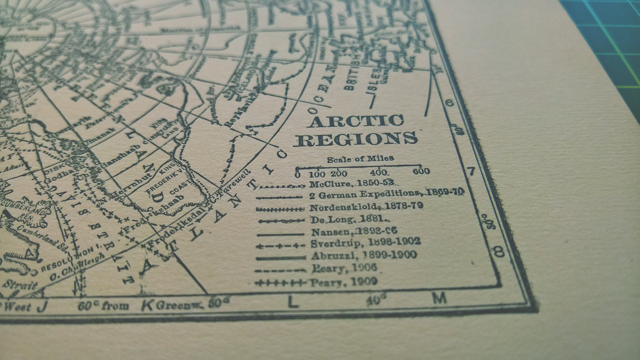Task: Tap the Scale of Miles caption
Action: [360, 158]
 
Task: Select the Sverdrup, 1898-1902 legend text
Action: [366, 242]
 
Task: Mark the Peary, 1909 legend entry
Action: [343, 282]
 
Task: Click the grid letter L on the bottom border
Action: [292, 302]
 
